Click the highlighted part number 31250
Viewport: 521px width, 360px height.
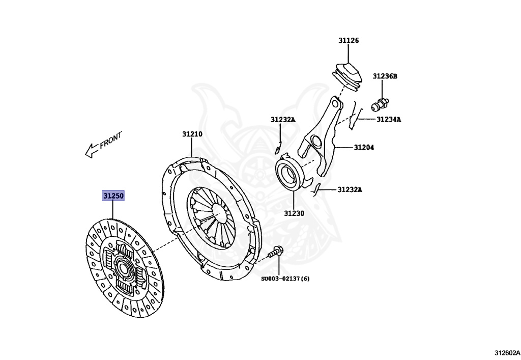point(113,196)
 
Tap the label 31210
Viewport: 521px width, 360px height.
point(192,134)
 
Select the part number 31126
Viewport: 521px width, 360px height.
point(349,40)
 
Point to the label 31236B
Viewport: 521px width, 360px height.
point(384,76)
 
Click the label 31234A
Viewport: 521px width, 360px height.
point(389,120)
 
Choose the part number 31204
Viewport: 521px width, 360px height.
point(364,148)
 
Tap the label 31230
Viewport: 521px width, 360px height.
point(294,213)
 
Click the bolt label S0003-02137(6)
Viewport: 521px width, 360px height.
point(285,279)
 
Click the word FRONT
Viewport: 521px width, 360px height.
point(111,140)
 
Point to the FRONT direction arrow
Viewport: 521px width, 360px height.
point(92,149)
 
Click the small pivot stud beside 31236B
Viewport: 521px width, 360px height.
point(380,104)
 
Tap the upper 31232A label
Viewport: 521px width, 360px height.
point(283,120)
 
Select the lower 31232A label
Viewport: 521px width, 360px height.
point(350,190)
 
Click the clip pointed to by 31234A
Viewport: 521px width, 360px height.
point(356,119)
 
